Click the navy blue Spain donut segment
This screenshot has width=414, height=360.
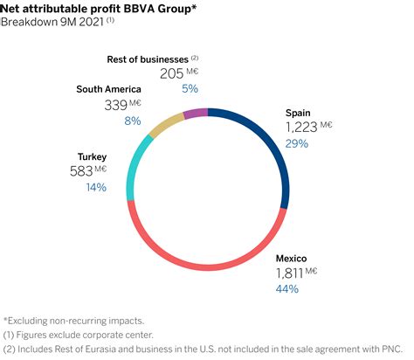pyautogui.click(x=267, y=144)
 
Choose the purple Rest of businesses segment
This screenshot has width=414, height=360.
pyautogui.click(x=196, y=113)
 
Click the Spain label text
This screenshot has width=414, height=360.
pyautogui.click(x=299, y=113)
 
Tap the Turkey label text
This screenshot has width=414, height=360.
pyautogui.click(x=92, y=157)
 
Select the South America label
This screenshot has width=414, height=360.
pyautogui.click(x=109, y=88)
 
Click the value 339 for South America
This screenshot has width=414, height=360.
pyautogui.click(x=115, y=104)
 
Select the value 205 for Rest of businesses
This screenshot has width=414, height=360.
pyautogui.click(x=173, y=75)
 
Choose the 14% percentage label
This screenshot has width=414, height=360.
pyautogui.click(x=95, y=187)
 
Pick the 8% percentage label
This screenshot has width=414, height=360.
pyautogui.click(x=133, y=121)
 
